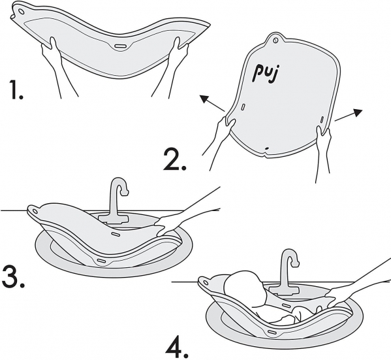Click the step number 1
(17, 90)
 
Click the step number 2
(175, 159)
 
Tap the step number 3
(13, 277)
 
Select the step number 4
(177, 348)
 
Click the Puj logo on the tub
(266, 73)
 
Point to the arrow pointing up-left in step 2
(212, 103)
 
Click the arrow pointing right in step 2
(349, 115)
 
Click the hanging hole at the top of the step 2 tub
(275, 40)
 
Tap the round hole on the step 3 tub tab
(35, 212)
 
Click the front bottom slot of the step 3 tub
(101, 261)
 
